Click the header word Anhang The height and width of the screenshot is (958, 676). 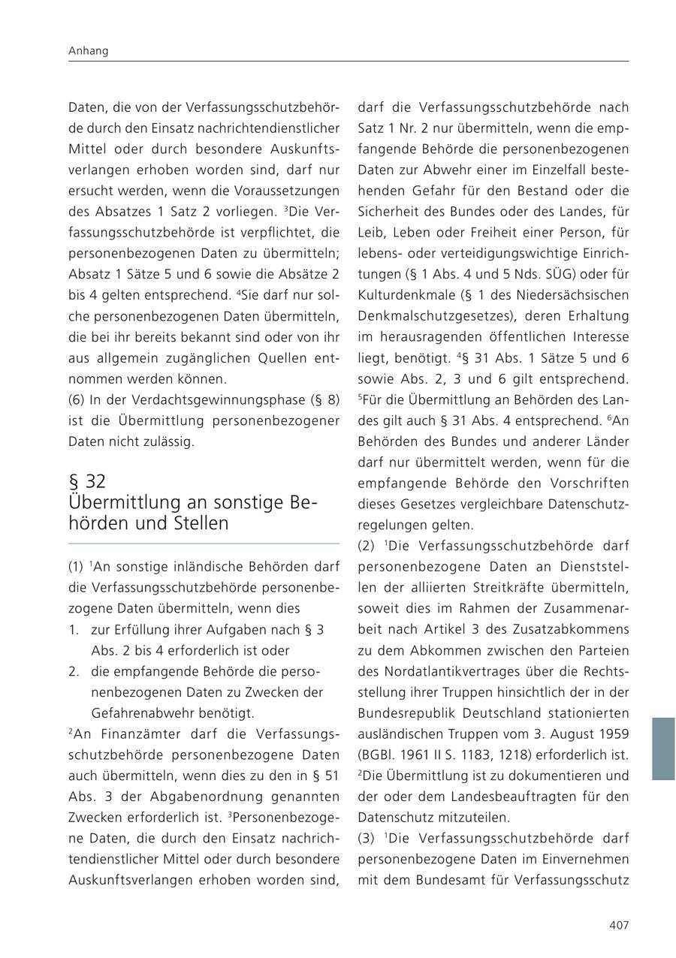tap(89, 51)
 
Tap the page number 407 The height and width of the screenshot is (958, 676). tap(618, 925)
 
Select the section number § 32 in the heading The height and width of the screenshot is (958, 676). tap(87, 481)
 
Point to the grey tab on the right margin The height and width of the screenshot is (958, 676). tap(663, 749)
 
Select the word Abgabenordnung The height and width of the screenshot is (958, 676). tap(198, 796)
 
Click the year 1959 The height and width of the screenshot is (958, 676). tap(614, 733)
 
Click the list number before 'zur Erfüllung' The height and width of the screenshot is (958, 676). tap(74, 629)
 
